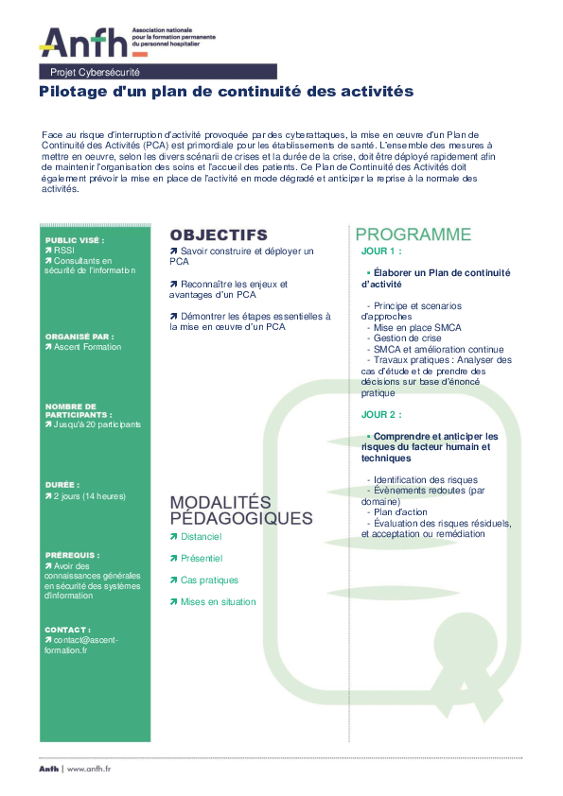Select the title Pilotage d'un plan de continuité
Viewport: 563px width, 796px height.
(x=226, y=92)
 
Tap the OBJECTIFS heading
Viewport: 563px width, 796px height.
(x=219, y=234)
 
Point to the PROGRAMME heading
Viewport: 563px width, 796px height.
(x=413, y=234)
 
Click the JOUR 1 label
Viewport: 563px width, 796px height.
(x=381, y=251)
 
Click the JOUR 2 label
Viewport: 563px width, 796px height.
(x=381, y=414)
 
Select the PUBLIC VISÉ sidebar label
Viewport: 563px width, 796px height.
(x=75, y=240)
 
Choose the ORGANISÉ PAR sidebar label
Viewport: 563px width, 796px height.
(x=79, y=336)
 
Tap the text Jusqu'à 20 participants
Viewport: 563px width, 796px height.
(x=97, y=424)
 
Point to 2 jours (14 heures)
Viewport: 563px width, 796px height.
(x=89, y=495)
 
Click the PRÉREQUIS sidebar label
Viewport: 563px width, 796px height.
(x=72, y=555)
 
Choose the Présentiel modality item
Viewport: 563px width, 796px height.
(x=201, y=559)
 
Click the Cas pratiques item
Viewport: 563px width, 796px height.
(x=209, y=580)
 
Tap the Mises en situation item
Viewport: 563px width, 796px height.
(x=218, y=602)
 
